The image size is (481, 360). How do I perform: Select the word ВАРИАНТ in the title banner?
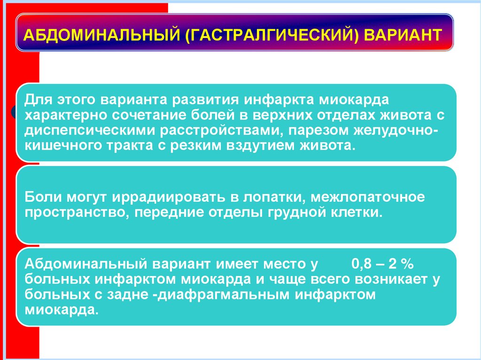click(403, 36)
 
